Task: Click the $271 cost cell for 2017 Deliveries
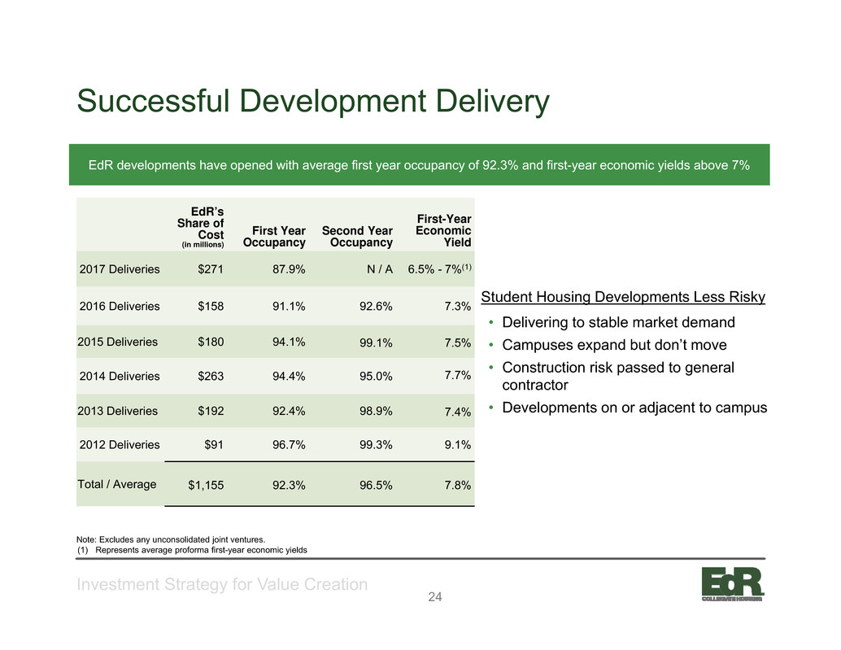[x=210, y=269]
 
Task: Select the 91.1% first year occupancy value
[x=289, y=306]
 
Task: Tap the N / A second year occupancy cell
[x=380, y=269]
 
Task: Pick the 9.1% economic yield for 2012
[x=458, y=445]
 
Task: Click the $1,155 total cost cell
[x=206, y=486]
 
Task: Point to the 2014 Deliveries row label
[x=120, y=376]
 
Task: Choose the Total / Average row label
[x=117, y=484]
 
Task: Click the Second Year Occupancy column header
[x=357, y=237]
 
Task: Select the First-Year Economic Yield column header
[x=443, y=230]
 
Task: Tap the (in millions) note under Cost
[x=203, y=245]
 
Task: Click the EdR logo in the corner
[x=733, y=583]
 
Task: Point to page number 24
[x=435, y=597]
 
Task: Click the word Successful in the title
[x=154, y=101]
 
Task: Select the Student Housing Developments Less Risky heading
[x=623, y=297]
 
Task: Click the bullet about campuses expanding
[x=614, y=345]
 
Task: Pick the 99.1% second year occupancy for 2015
[x=376, y=342]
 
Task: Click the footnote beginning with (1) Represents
[x=192, y=550]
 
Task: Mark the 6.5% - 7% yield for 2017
[x=439, y=268]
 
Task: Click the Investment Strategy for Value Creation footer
[x=222, y=584]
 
